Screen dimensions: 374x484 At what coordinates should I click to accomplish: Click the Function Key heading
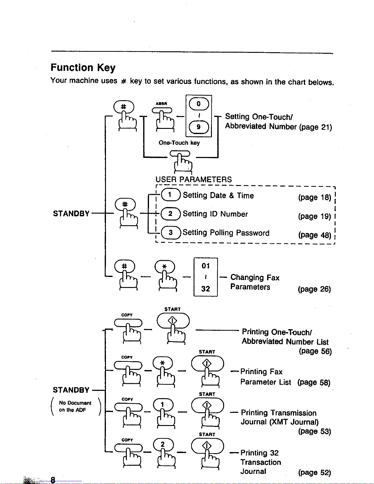(83, 67)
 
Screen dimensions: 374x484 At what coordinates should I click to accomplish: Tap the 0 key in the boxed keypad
(199, 104)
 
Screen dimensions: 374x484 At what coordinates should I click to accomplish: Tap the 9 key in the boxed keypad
(199, 127)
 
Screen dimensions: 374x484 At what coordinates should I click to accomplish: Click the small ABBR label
(162, 104)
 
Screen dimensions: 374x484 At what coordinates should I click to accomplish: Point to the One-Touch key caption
(179, 143)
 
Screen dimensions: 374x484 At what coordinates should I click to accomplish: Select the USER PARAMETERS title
(194, 179)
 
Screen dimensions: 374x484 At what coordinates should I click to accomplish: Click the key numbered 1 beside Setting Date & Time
(171, 195)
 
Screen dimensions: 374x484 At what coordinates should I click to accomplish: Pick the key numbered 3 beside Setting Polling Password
(171, 233)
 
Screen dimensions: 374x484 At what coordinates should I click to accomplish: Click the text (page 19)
(314, 216)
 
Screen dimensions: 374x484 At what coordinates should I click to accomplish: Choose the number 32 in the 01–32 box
(205, 289)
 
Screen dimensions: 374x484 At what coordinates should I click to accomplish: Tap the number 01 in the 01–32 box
(205, 266)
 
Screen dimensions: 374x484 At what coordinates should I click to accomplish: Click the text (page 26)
(314, 289)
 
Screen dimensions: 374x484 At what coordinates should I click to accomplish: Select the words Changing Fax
(255, 278)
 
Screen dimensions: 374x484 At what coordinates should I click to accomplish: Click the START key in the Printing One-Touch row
(173, 321)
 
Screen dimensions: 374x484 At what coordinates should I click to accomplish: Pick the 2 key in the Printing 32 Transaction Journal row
(163, 444)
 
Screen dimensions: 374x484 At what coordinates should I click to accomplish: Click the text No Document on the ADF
(75, 406)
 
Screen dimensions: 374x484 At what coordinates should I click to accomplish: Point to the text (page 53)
(314, 431)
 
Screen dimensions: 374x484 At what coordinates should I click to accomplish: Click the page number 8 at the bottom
(53, 479)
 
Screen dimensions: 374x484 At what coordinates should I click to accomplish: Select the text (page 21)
(315, 127)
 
